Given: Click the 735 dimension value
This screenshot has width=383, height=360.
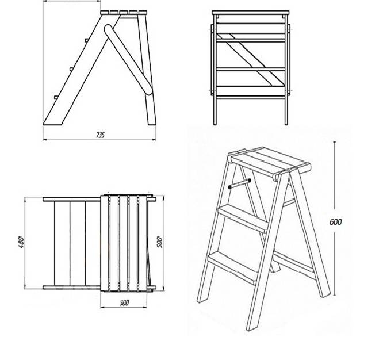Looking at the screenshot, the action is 101,135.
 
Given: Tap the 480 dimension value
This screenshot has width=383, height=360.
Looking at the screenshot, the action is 21,242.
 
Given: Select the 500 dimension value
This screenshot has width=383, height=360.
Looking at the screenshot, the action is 159,242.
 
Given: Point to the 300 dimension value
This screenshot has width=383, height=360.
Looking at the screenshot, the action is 124,303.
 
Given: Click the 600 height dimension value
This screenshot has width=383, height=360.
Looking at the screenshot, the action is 336,222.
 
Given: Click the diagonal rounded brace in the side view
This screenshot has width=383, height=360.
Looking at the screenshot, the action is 128,59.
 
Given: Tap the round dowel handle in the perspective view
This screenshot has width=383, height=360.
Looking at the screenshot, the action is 240,183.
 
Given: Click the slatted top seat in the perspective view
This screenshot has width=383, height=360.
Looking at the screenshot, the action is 271,162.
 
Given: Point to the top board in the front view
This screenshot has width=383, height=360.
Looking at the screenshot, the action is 250,13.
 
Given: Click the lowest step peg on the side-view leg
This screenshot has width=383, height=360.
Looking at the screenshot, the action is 56,97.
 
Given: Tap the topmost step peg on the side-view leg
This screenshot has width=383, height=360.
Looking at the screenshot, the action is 86,40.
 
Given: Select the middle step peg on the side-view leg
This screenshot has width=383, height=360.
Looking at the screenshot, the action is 71,69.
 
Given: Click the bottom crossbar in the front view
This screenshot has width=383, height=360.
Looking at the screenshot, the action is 250,98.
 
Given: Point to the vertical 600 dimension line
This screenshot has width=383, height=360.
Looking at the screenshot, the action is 334,219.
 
